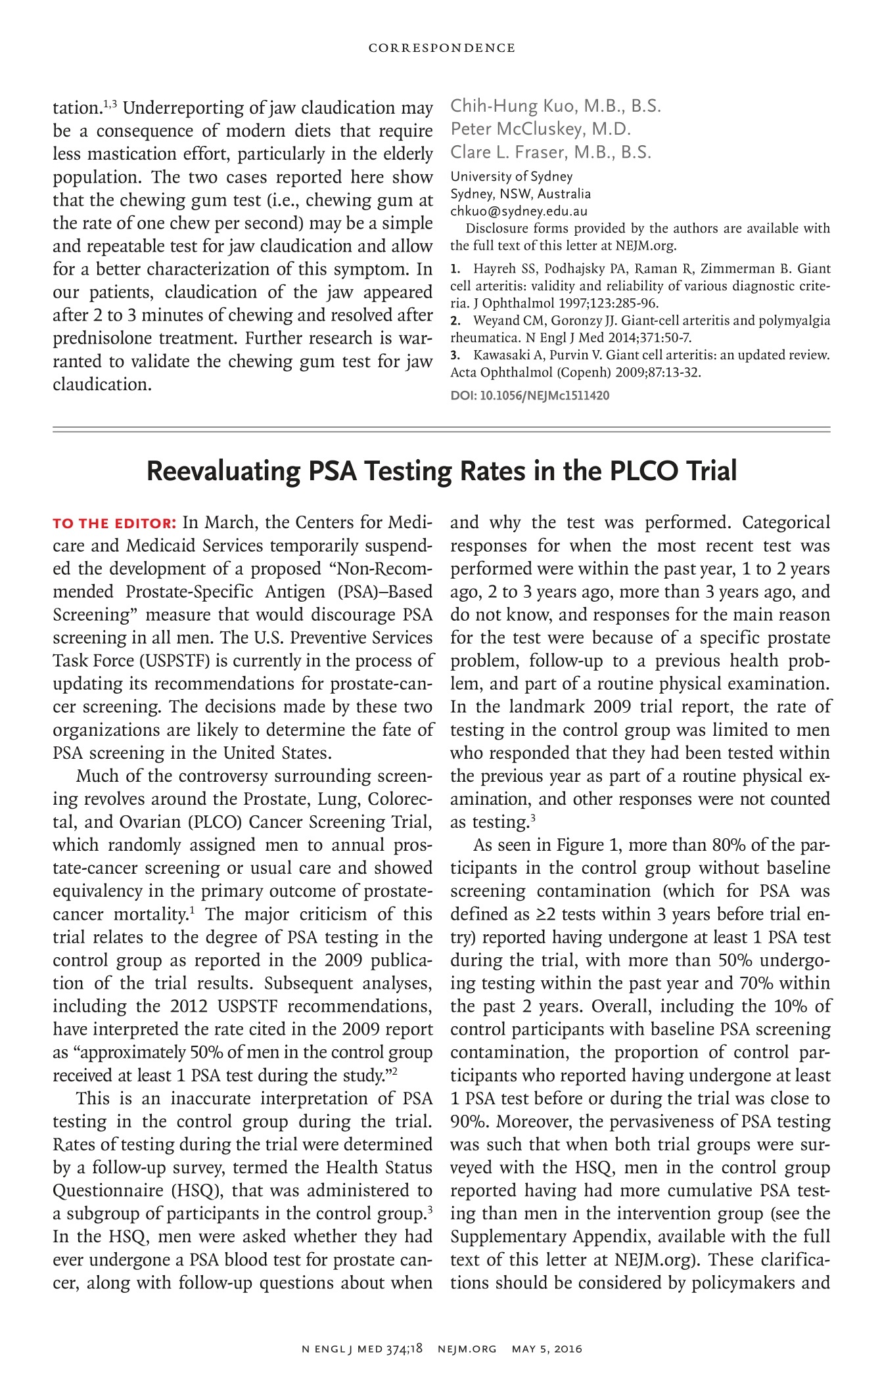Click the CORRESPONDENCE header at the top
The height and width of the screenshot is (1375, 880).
441,48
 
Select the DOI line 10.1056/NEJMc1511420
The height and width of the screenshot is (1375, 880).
530,395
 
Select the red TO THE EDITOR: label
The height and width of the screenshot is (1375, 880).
114,524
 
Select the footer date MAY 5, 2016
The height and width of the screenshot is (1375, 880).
547,1349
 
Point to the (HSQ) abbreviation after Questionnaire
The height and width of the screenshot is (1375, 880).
195,1190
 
